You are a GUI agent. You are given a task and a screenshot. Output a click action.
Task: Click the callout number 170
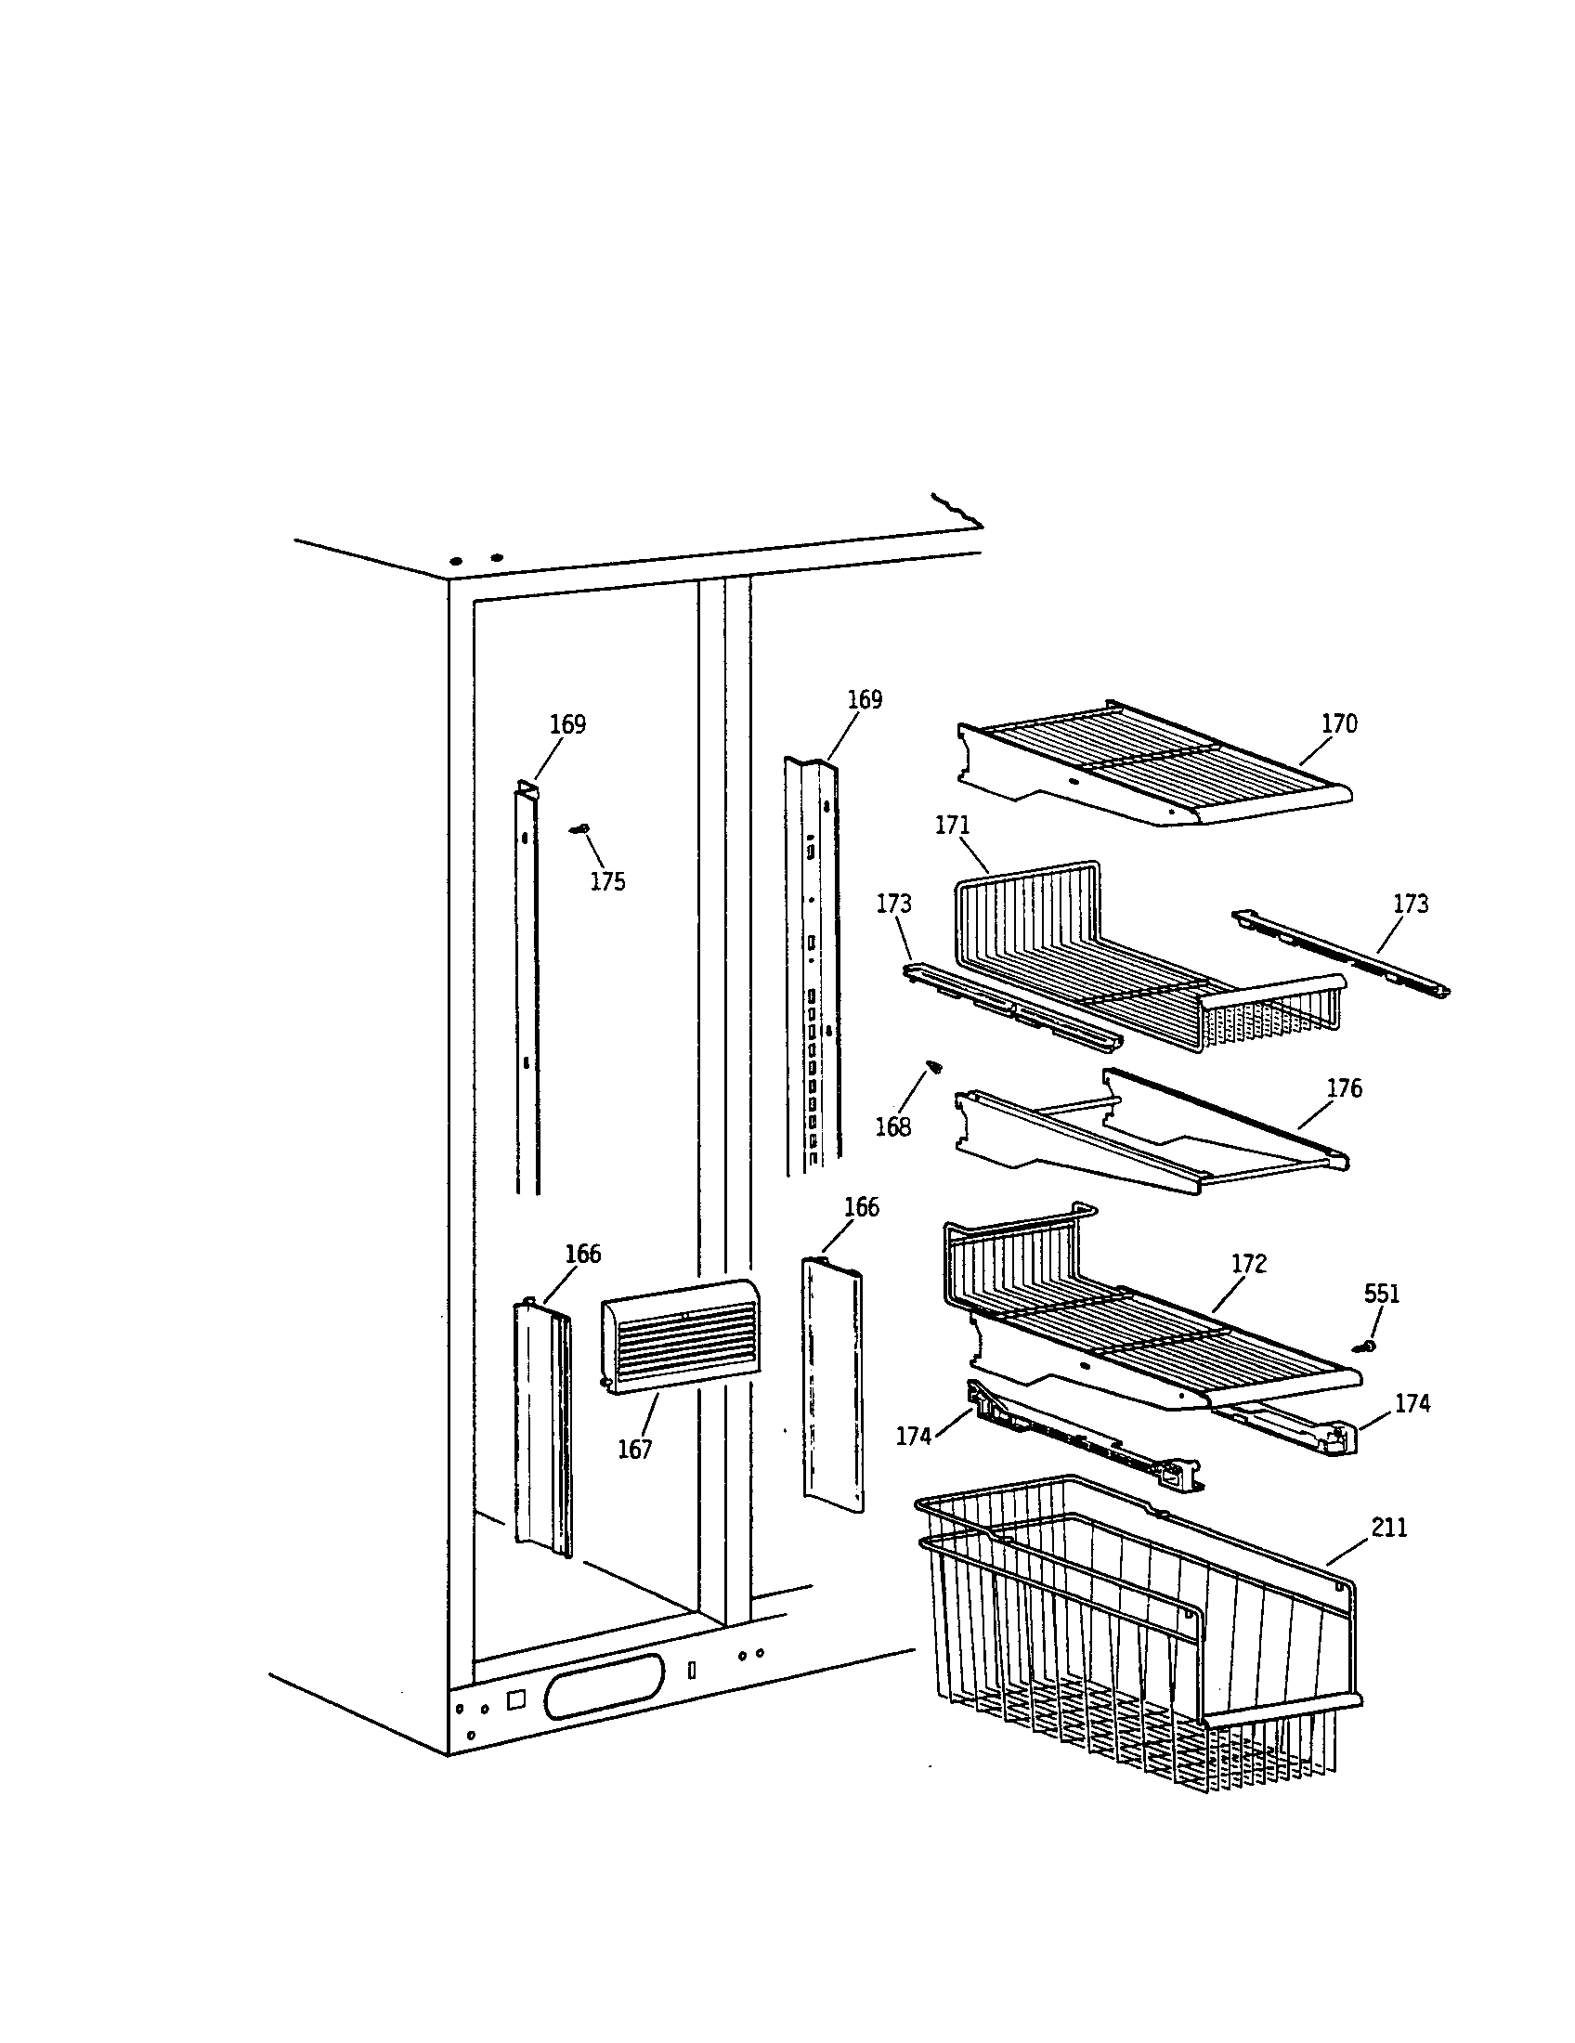pyautogui.click(x=1338, y=724)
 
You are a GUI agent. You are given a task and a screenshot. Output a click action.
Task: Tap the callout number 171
pyautogui.click(x=952, y=826)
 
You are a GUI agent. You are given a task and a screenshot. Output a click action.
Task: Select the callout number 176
pyautogui.click(x=1344, y=1088)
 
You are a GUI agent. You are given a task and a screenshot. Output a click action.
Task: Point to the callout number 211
pyautogui.click(x=1389, y=1528)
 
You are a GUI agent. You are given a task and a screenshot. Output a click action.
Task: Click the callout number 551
pyautogui.click(x=1382, y=1295)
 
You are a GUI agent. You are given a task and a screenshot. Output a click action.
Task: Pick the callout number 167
pyautogui.click(x=634, y=1449)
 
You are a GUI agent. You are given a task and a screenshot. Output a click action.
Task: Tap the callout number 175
pyautogui.click(x=607, y=882)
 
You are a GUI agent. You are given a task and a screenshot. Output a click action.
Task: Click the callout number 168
pyautogui.click(x=892, y=1127)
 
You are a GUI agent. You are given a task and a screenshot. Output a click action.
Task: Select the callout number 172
pyautogui.click(x=1249, y=1264)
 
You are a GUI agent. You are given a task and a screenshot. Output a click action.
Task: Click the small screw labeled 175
pyautogui.click(x=578, y=828)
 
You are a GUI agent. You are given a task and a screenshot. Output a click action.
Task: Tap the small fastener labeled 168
pyautogui.click(x=932, y=1066)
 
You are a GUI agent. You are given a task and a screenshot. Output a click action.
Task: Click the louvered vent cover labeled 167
pyautogui.click(x=679, y=1338)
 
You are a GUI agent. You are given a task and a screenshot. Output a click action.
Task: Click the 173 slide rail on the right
pyautogui.click(x=1341, y=951)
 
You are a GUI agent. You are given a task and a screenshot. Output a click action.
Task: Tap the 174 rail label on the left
pyautogui.click(x=913, y=1436)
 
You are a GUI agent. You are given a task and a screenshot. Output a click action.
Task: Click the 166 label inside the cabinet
pyautogui.click(x=582, y=1255)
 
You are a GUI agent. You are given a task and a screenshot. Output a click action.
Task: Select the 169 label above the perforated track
pyautogui.click(x=865, y=699)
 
